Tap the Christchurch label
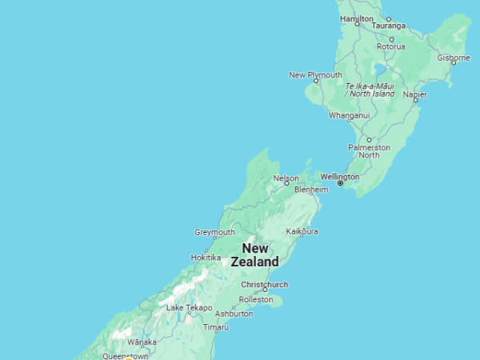264,284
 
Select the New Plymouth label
315,74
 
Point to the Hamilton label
356,18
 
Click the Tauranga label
390,26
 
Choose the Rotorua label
391,46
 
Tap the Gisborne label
454,58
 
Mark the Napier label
414,94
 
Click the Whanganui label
349,115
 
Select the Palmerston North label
369,151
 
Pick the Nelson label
286,178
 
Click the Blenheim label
311,190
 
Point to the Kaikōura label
302,231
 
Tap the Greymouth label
214,232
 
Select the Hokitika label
206,257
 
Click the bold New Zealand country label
255,255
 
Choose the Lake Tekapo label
189,307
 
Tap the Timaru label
215,327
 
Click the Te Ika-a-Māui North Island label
370,90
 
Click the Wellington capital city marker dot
340,183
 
